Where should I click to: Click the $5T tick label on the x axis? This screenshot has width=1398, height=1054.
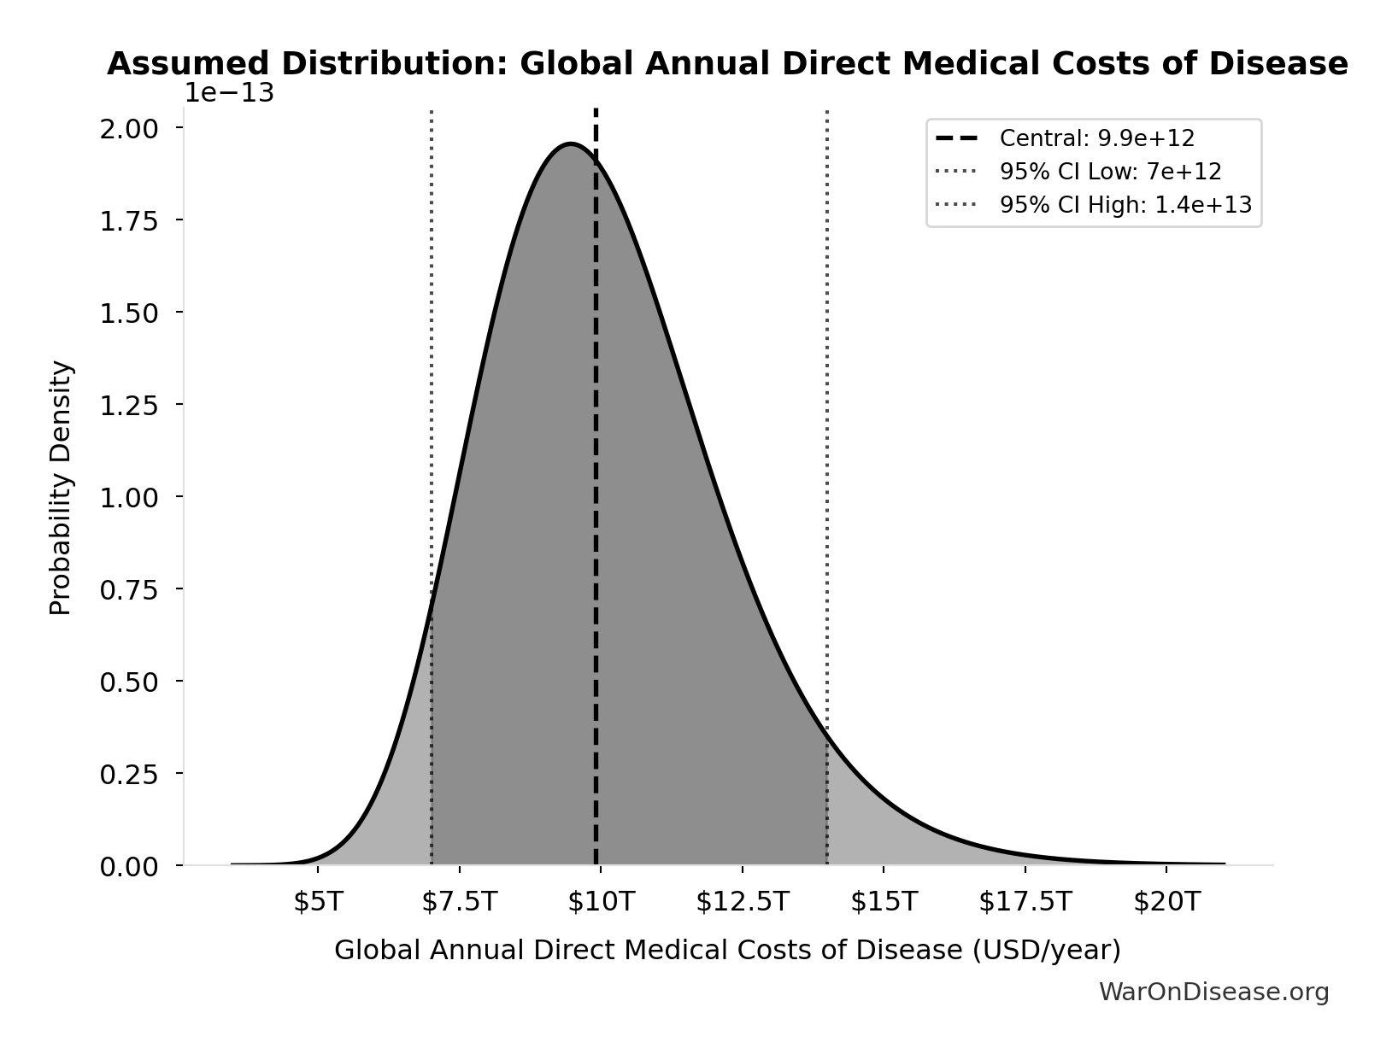[x=318, y=902]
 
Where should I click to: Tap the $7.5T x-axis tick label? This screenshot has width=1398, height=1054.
[x=459, y=902]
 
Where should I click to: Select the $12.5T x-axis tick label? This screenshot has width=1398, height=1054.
[x=742, y=902]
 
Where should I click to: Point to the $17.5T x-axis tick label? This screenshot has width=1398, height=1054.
[x=1025, y=902]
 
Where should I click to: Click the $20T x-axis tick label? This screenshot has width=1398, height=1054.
[x=1166, y=902]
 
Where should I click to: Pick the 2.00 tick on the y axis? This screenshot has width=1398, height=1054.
[x=129, y=128]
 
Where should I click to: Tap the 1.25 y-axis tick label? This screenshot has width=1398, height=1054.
[x=129, y=405]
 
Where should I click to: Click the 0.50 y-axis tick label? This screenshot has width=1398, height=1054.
[x=129, y=682]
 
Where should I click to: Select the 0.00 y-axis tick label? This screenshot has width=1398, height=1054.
[x=129, y=867]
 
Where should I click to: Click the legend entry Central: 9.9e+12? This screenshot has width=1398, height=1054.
[x=1097, y=138]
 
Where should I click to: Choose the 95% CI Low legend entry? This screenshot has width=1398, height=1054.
[x=1110, y=172]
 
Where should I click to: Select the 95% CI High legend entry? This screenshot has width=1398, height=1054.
[x=1125, y=205]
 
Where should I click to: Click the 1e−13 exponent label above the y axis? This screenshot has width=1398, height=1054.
[x=230, y=93]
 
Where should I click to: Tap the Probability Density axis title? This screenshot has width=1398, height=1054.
[x=61, y=488]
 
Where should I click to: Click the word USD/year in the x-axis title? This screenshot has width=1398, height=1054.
[x=1046, y=950]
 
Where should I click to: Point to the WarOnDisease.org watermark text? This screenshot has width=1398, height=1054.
[x=1213, y=992]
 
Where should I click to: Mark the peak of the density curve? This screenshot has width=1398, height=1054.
[x=571, y=143]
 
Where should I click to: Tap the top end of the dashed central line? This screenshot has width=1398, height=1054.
[x=596, y=111]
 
